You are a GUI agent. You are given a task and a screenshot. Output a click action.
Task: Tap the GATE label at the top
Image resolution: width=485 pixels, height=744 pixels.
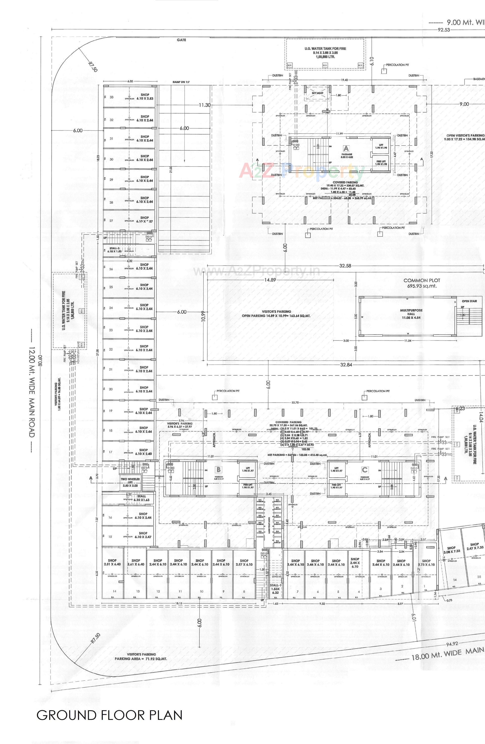[x=181, y=40]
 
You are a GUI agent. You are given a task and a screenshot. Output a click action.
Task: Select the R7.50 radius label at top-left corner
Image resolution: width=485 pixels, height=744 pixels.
[x=93, y=67]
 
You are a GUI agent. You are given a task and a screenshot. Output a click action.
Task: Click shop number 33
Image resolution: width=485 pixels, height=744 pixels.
[x=111, y=97]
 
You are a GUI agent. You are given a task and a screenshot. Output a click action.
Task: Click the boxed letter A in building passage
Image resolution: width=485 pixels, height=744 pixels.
[x=346, y=149]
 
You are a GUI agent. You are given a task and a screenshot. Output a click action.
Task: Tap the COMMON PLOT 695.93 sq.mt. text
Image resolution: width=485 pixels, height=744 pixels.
[x=420, y=283]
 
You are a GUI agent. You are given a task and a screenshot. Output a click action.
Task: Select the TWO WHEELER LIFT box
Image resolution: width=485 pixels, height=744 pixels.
[x=131, y=482]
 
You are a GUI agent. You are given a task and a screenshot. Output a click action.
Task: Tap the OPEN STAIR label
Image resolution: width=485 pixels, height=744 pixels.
[x=469, y=301]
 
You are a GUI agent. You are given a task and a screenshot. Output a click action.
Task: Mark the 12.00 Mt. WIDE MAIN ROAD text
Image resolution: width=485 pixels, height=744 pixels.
[x=32, y=388]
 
